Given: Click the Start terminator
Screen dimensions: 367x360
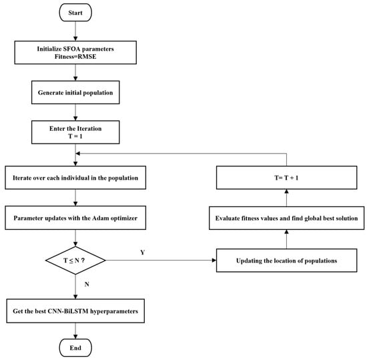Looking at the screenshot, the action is [x=75, y=13].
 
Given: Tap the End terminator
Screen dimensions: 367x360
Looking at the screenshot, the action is [x=75, y=347].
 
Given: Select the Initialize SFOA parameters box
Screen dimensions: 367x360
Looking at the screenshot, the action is [x=75, y=53].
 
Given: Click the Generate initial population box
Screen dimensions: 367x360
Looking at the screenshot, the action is [x=75, y=92].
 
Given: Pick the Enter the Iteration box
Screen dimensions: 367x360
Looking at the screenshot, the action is [x=75, y=132].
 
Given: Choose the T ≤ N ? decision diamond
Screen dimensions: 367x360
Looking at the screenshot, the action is [x=75, y=260].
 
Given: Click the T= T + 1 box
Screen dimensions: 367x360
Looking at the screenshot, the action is [x=286, y=178].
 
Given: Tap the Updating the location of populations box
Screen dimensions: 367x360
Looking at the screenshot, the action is [x=286, y=260].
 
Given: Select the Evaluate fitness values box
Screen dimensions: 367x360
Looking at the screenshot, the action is [x=286, y=218].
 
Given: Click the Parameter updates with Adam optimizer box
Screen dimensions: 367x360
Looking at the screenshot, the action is [x=75, y=218].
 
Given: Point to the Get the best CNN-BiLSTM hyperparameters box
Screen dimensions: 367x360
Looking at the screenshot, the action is [x=75, y=311].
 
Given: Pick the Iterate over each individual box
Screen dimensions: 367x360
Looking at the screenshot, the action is [x=75, y=178].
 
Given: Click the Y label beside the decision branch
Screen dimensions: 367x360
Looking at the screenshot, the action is [x=143, y=252].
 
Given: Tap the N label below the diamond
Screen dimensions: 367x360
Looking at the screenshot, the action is [x=87, y=284].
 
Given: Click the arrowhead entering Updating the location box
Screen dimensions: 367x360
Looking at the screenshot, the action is [x=214, y=260].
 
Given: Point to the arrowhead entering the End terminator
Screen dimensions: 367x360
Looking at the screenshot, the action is [x=75, y=337].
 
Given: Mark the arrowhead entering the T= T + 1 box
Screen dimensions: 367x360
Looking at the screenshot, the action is [x=286, y=192].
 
